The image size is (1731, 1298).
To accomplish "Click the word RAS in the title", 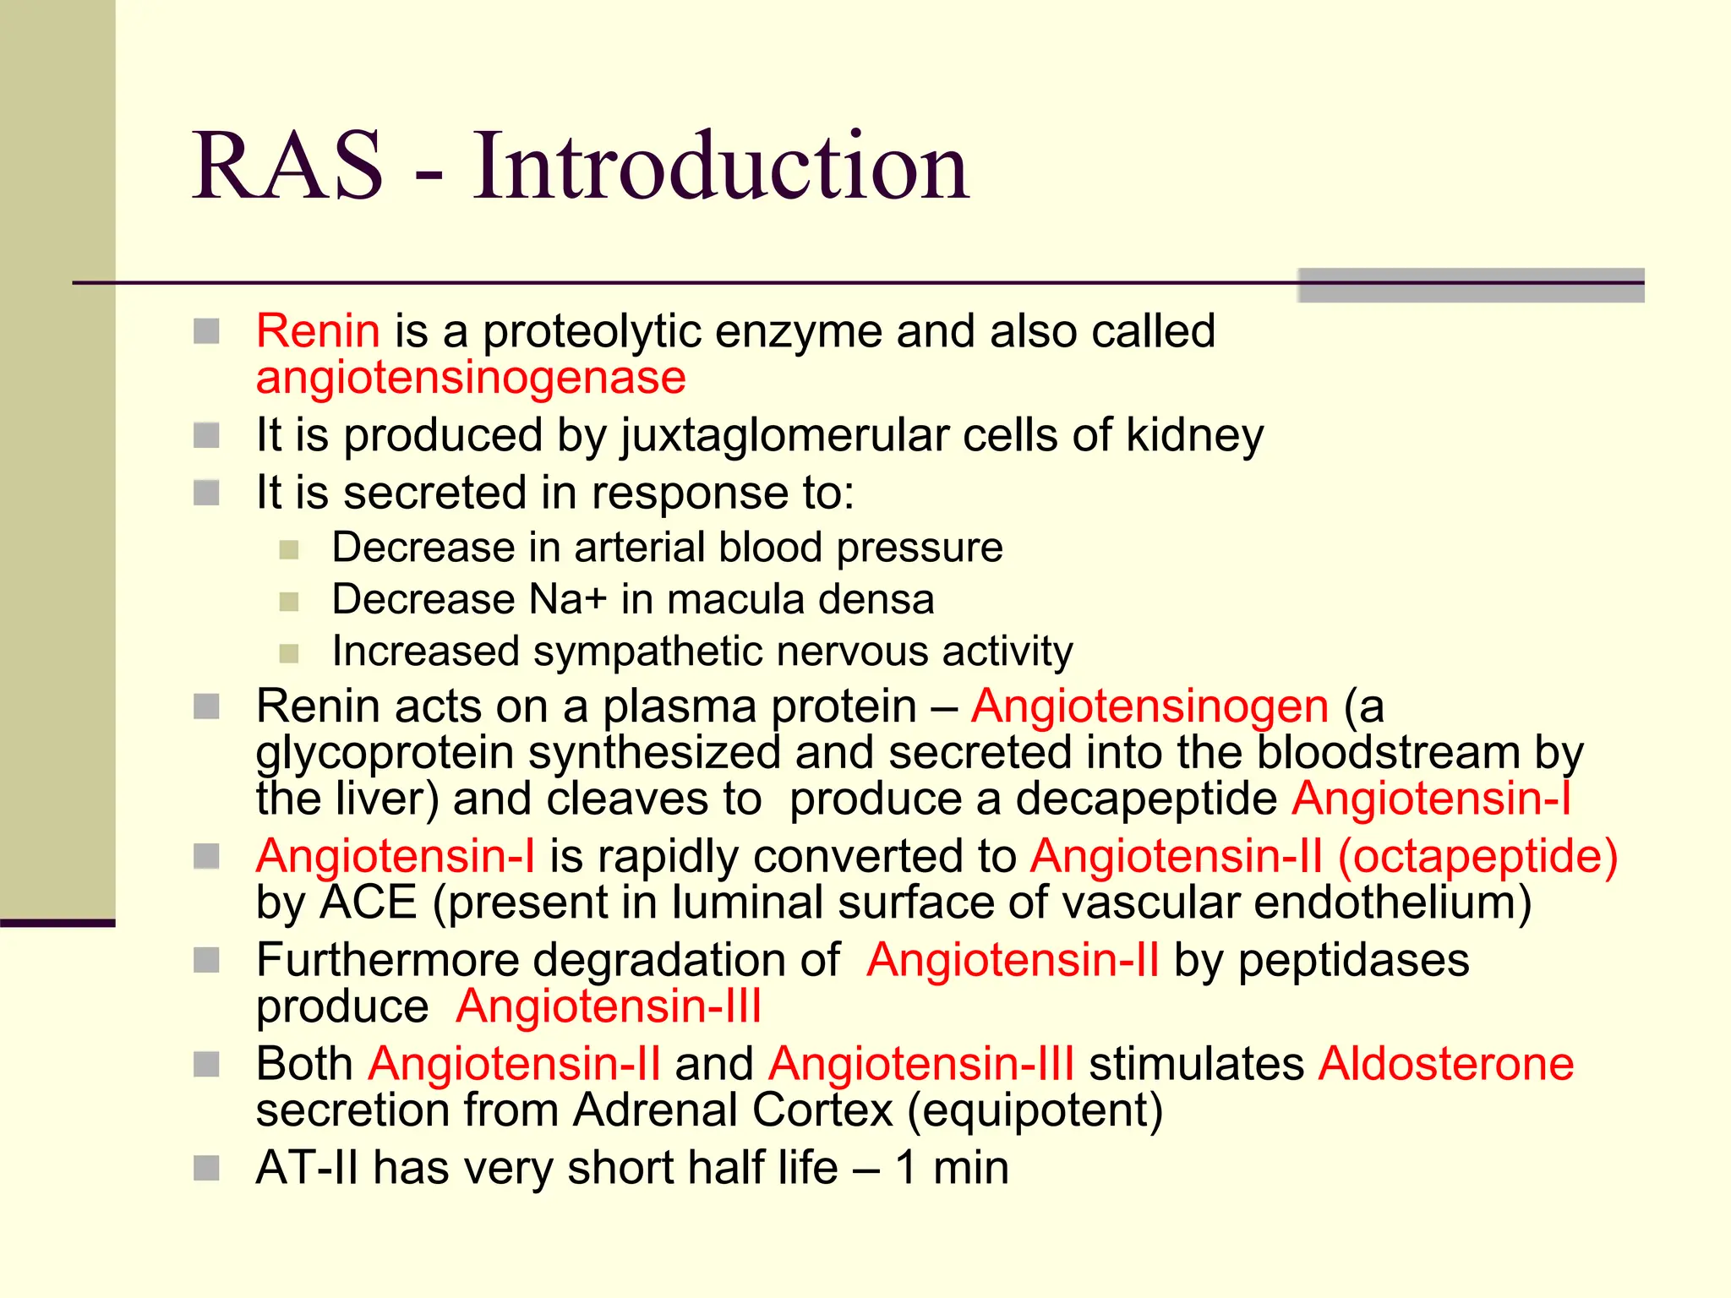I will click(x=288, y=166).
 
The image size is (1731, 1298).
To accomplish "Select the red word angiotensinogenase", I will click(x=471, y=378).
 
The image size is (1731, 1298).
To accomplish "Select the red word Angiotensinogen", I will click(x=1149, y=706).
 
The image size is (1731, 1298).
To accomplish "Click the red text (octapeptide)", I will click(x=1477, y=856).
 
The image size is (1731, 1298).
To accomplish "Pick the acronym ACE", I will click(x=369, y=903).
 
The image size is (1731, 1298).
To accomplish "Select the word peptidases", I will click(x=1353, y=961).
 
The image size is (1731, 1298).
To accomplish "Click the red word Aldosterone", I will click(x=1445, y=1064).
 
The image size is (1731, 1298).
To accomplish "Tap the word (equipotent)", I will click(x=1035, y=1110).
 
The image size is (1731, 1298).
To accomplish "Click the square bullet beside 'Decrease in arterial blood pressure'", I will click(x=289, y=550).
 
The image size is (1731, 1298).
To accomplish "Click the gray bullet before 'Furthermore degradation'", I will click(x=206, y=960).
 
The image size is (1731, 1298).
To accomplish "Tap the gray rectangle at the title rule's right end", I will click(x=1470, y=286).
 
